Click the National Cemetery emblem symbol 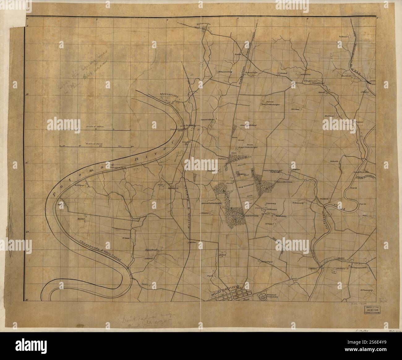(x=261, y=295)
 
